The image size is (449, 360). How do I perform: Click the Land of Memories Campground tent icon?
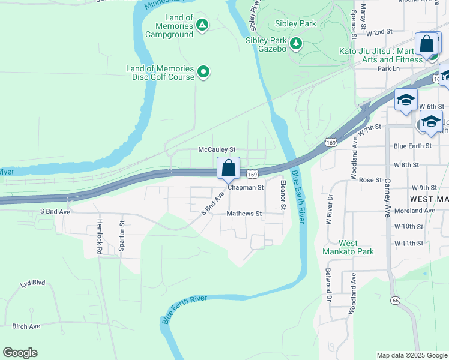tap(202, 25)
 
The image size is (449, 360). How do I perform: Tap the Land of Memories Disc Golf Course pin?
tap(203, 73)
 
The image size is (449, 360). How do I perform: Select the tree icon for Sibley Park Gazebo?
tap(295, 43)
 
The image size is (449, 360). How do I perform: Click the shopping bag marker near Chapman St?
tap(228, 168)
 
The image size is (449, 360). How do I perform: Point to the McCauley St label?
tap(217, 149)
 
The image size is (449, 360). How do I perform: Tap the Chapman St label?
tap(245, 187)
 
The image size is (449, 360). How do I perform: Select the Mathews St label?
tap(244, 213)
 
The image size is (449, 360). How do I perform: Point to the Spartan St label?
tap(122, 230)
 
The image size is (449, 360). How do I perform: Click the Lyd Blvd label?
tap(33, 283)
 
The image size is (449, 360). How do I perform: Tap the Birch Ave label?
tap(26, 326)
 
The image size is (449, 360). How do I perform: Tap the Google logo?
tap(20, 353)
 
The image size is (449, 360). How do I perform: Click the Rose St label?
tap(370, 180)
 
